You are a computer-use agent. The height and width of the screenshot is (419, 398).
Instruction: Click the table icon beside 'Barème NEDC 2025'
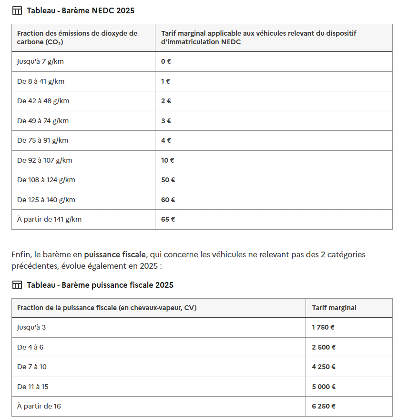click(17, 10)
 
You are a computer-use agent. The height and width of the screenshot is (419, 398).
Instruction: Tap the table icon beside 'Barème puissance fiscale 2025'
click(17, 285)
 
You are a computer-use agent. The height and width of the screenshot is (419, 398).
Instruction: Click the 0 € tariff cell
click(166, 61)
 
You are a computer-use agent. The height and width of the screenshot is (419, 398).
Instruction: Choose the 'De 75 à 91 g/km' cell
click(43, 140)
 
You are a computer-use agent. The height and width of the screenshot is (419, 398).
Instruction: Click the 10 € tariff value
click(167, 160)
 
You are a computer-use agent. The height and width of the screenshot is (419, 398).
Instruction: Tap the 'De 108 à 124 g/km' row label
click(46, 180)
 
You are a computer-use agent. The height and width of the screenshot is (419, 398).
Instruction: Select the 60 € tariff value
click(168, 200)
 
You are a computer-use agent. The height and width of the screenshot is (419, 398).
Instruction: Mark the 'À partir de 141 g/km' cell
click(49, 219)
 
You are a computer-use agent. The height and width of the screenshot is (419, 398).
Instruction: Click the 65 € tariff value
click(168, 219)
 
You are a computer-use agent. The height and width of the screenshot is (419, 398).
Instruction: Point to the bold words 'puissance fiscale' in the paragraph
click(115, 254)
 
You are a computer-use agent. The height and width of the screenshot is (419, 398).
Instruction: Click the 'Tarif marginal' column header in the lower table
click(334, 308)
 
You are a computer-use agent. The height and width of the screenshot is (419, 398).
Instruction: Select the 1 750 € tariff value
click(324, 327)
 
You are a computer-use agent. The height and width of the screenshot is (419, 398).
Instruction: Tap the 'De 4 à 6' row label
click(30, 347)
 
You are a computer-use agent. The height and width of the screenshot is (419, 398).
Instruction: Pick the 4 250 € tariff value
click(324, 367)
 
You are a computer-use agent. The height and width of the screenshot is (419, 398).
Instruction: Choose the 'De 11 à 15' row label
click(33, 387)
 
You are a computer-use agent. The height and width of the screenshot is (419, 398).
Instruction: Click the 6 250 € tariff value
click(324, 406)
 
